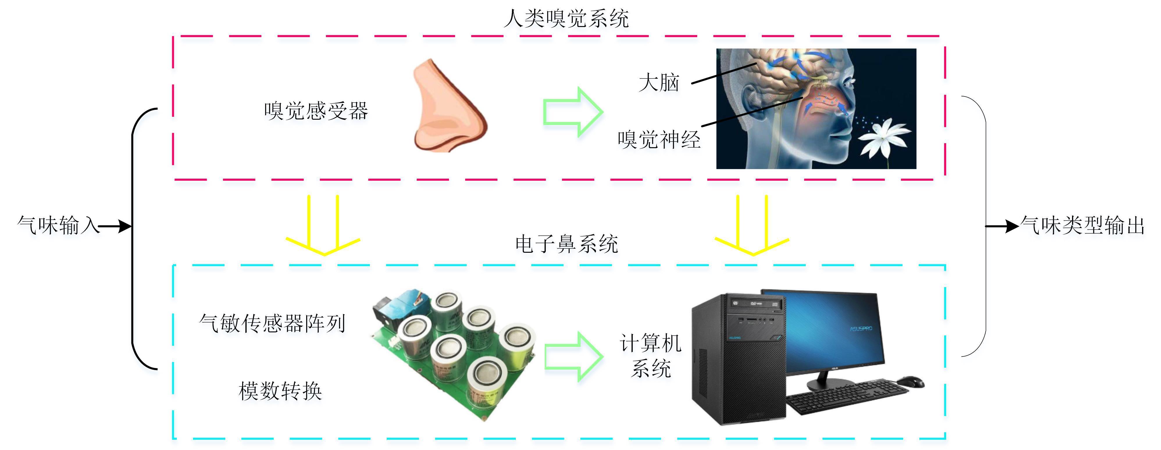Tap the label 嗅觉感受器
316,111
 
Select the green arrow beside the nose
573,112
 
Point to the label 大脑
659,83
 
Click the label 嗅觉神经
659,140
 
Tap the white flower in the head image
883,137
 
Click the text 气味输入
58,225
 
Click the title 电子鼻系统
566,244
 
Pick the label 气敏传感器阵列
272,323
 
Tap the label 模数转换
280,390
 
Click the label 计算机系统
650,356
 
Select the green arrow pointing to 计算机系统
573,357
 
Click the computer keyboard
847,396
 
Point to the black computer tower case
739,360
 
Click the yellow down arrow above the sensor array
323,225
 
